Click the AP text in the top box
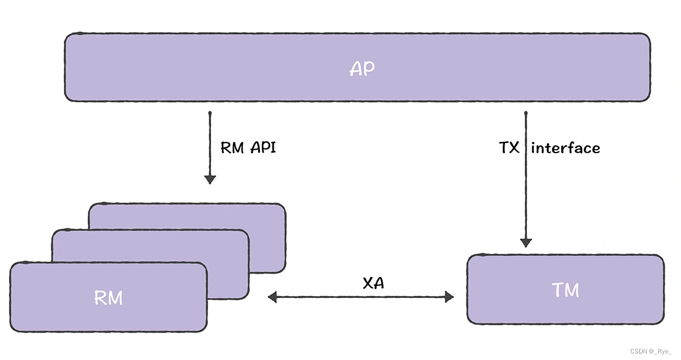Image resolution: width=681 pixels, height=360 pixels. [x=362, y=69]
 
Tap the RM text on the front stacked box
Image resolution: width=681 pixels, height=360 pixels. [x=109, y=297]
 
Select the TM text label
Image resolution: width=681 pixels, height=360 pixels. [x=565, y=290]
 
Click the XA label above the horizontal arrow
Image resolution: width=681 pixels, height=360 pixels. [x=373, y=283]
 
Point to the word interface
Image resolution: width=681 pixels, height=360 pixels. [x=565, y=148]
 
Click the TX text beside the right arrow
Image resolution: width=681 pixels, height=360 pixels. [x=509, y=148]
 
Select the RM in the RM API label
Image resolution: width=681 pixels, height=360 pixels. [x=233, y=148]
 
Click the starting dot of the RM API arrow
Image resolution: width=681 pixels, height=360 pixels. [x=210, y=113]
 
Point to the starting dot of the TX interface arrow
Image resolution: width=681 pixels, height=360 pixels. [x=525, y=113]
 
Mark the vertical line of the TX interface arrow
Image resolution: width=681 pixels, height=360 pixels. [x=525, y=191]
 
